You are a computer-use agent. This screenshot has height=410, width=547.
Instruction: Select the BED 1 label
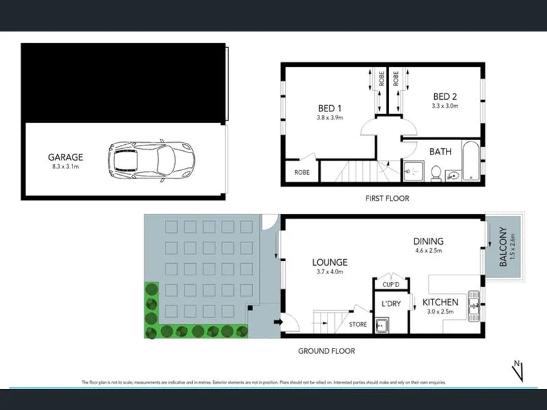[x=330, y=109]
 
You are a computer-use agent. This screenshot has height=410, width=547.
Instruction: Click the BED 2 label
[x=444, y=97]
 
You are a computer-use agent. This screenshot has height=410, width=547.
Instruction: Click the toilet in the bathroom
[x=435, y=174]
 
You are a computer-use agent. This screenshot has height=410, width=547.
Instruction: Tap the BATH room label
[x=440, y=152]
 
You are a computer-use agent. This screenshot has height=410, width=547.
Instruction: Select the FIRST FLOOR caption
[x=386, y=198]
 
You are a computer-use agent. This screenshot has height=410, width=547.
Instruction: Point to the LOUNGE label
[x=330, y=262]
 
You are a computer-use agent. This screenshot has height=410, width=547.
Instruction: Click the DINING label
[x=429, y=241]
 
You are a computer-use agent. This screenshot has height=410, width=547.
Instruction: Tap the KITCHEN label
[x=440, y=301]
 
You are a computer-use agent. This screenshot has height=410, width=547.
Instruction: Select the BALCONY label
[x=504, y=247]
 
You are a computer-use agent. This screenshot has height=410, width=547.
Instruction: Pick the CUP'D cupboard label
[x=390, y=284]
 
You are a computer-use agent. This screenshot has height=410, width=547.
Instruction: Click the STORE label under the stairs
[x=358, y=325]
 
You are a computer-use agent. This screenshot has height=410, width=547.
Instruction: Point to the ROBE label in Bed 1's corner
[x=302, y=172]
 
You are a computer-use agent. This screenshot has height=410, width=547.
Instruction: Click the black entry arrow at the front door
[x=277, y=322]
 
